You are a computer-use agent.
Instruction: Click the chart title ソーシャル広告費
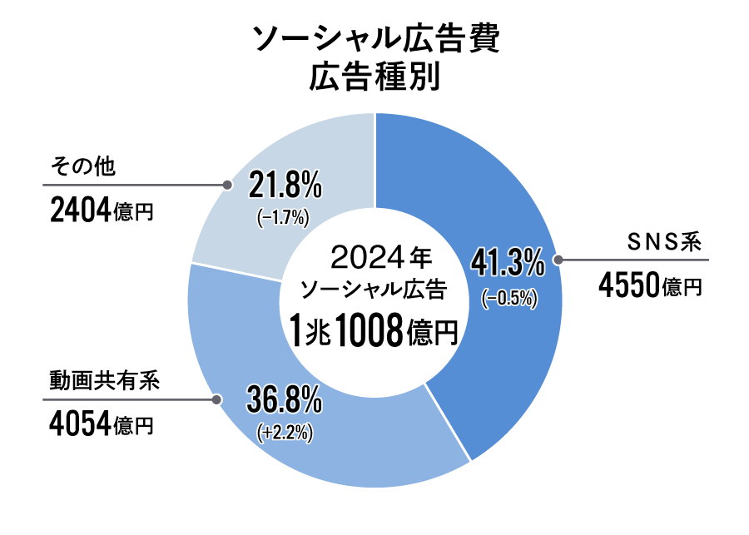coord(374,39)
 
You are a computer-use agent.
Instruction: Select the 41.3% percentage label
coord(508,264)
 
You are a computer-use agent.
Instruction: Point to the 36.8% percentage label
coord(284,402)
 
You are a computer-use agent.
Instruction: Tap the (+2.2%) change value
coord(285,433)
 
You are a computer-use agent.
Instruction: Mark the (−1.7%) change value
coord(284,218)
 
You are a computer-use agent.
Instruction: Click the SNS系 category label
coord(667,243)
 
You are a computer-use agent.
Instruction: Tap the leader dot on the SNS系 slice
coord(558,260)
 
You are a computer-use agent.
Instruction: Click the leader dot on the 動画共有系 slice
coord(217,399)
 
